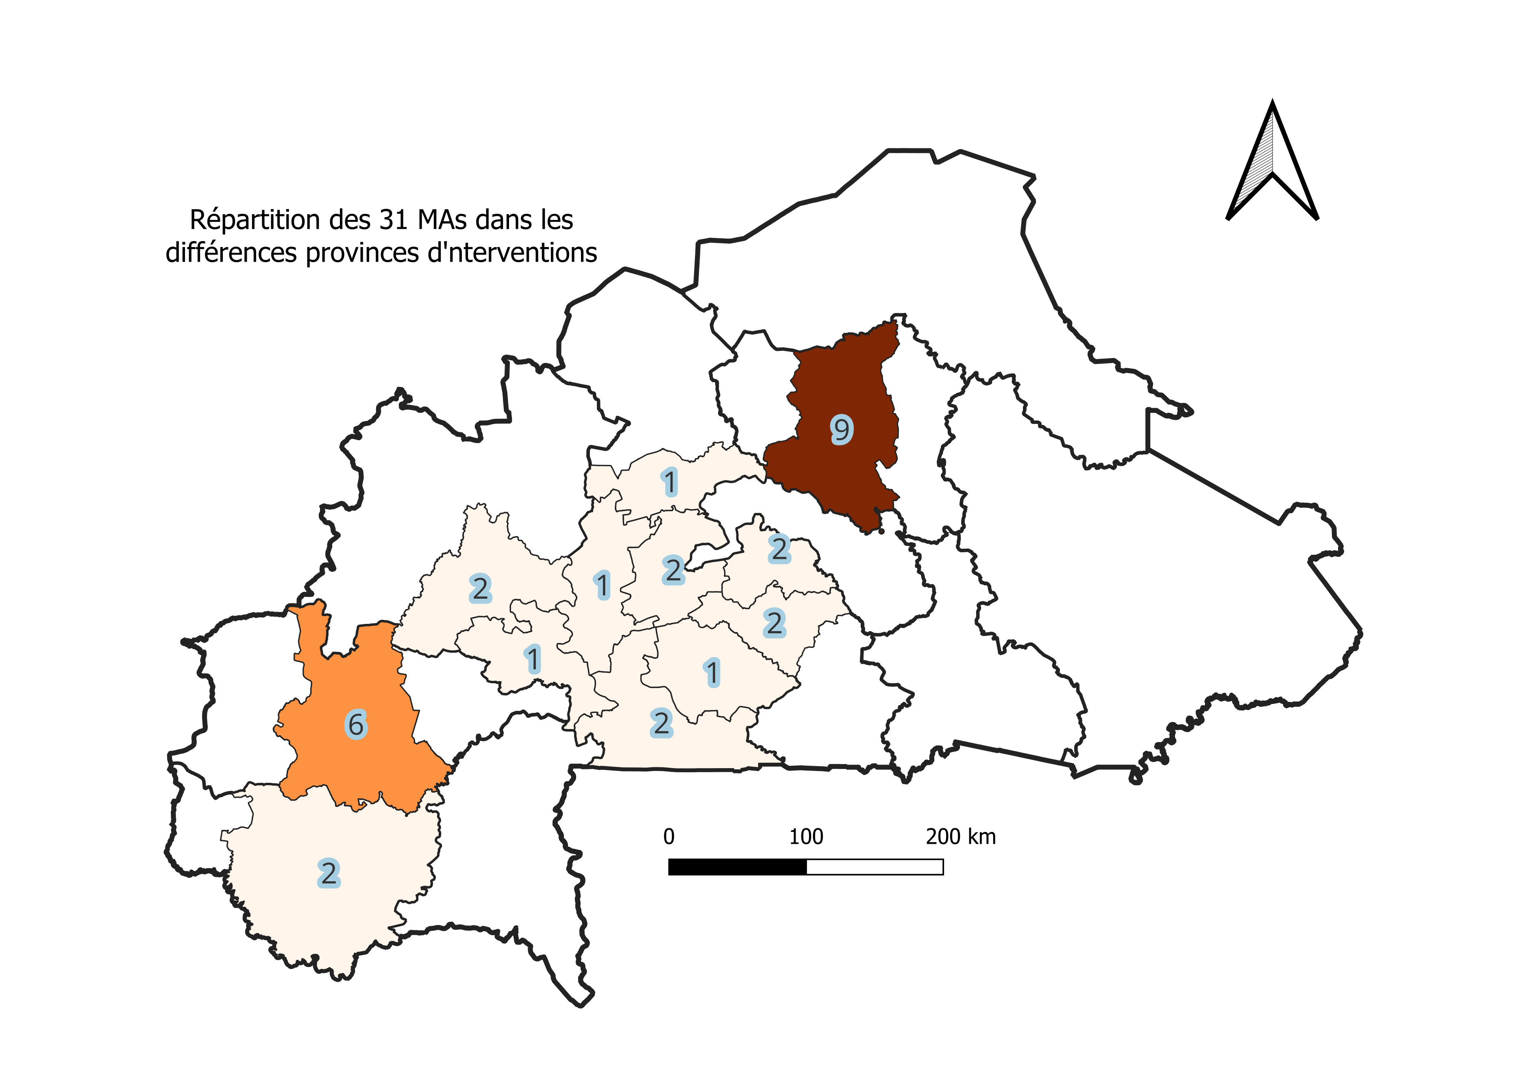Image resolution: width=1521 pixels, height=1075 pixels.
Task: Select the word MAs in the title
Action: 443,220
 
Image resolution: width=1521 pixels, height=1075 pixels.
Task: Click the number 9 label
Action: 841,430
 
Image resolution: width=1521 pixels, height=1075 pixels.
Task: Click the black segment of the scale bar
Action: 737,867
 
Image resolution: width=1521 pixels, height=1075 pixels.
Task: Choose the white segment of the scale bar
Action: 875,867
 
